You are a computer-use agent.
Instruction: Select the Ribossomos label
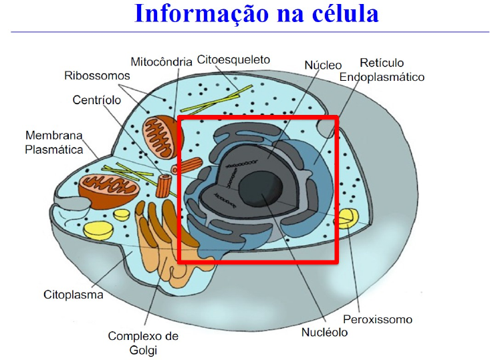tap(97, 75)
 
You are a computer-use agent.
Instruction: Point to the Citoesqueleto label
tap(234, 61)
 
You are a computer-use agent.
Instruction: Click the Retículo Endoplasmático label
tap(382, 70)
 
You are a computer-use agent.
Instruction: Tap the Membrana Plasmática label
tap(54, 142)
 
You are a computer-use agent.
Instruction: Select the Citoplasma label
tap(74, 294)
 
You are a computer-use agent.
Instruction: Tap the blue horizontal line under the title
tap(245, 31)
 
